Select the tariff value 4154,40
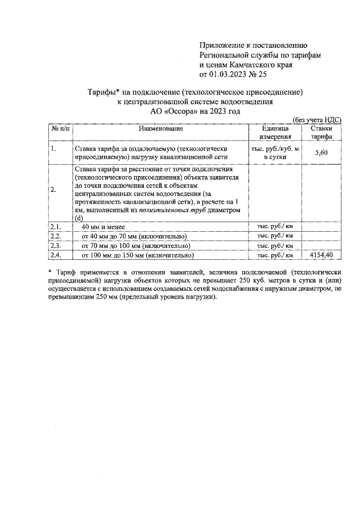[322, 255]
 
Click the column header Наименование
[161, 129]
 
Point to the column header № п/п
[61, 129]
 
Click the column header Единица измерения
[275, 133]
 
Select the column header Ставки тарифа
[322, 133]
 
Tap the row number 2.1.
[55, 227]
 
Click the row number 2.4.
[55, 255]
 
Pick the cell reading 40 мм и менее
[107, 227]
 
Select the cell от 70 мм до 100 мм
[138, 246]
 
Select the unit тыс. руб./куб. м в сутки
[275, 152]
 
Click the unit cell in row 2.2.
[275, 236]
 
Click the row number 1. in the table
[53, 149]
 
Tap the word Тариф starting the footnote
[67, 272]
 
